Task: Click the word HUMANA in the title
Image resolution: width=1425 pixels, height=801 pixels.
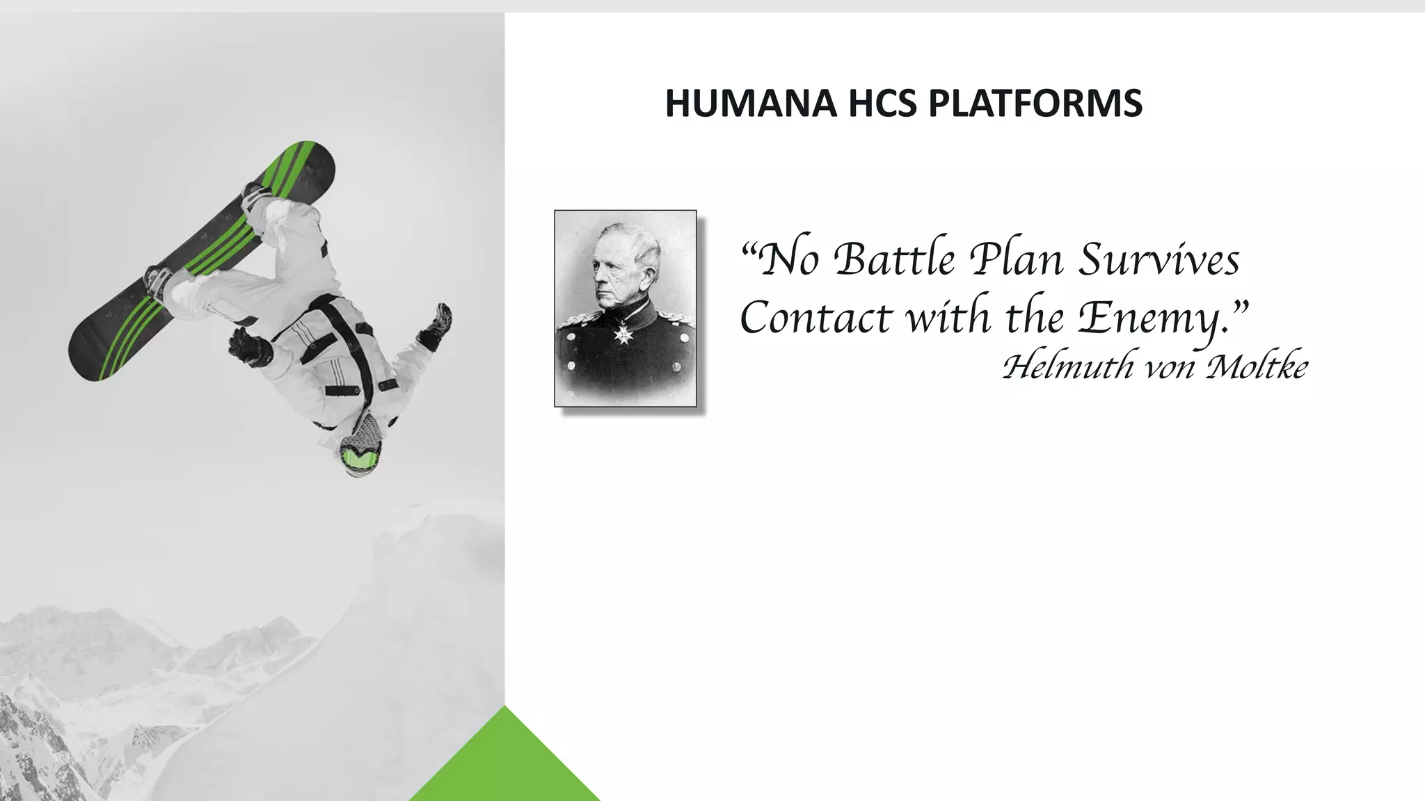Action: [x=750, y=104]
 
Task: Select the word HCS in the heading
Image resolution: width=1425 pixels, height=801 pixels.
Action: [x=882, y=104]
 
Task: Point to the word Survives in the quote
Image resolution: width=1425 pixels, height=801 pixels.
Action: [x=1159, y=259]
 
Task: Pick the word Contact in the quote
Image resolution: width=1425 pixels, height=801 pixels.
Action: [x=815, y=318]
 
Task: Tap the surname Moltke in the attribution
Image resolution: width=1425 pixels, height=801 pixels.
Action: [x=1257, y=366]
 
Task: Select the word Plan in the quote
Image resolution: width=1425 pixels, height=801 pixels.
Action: [x=1017, y=259]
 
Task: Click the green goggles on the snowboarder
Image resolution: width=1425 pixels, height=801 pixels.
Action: [x=359, y=458]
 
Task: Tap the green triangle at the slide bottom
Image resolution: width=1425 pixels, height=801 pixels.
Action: [x=505, y=765]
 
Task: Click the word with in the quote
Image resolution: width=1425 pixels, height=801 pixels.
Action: [x=950, y=318]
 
